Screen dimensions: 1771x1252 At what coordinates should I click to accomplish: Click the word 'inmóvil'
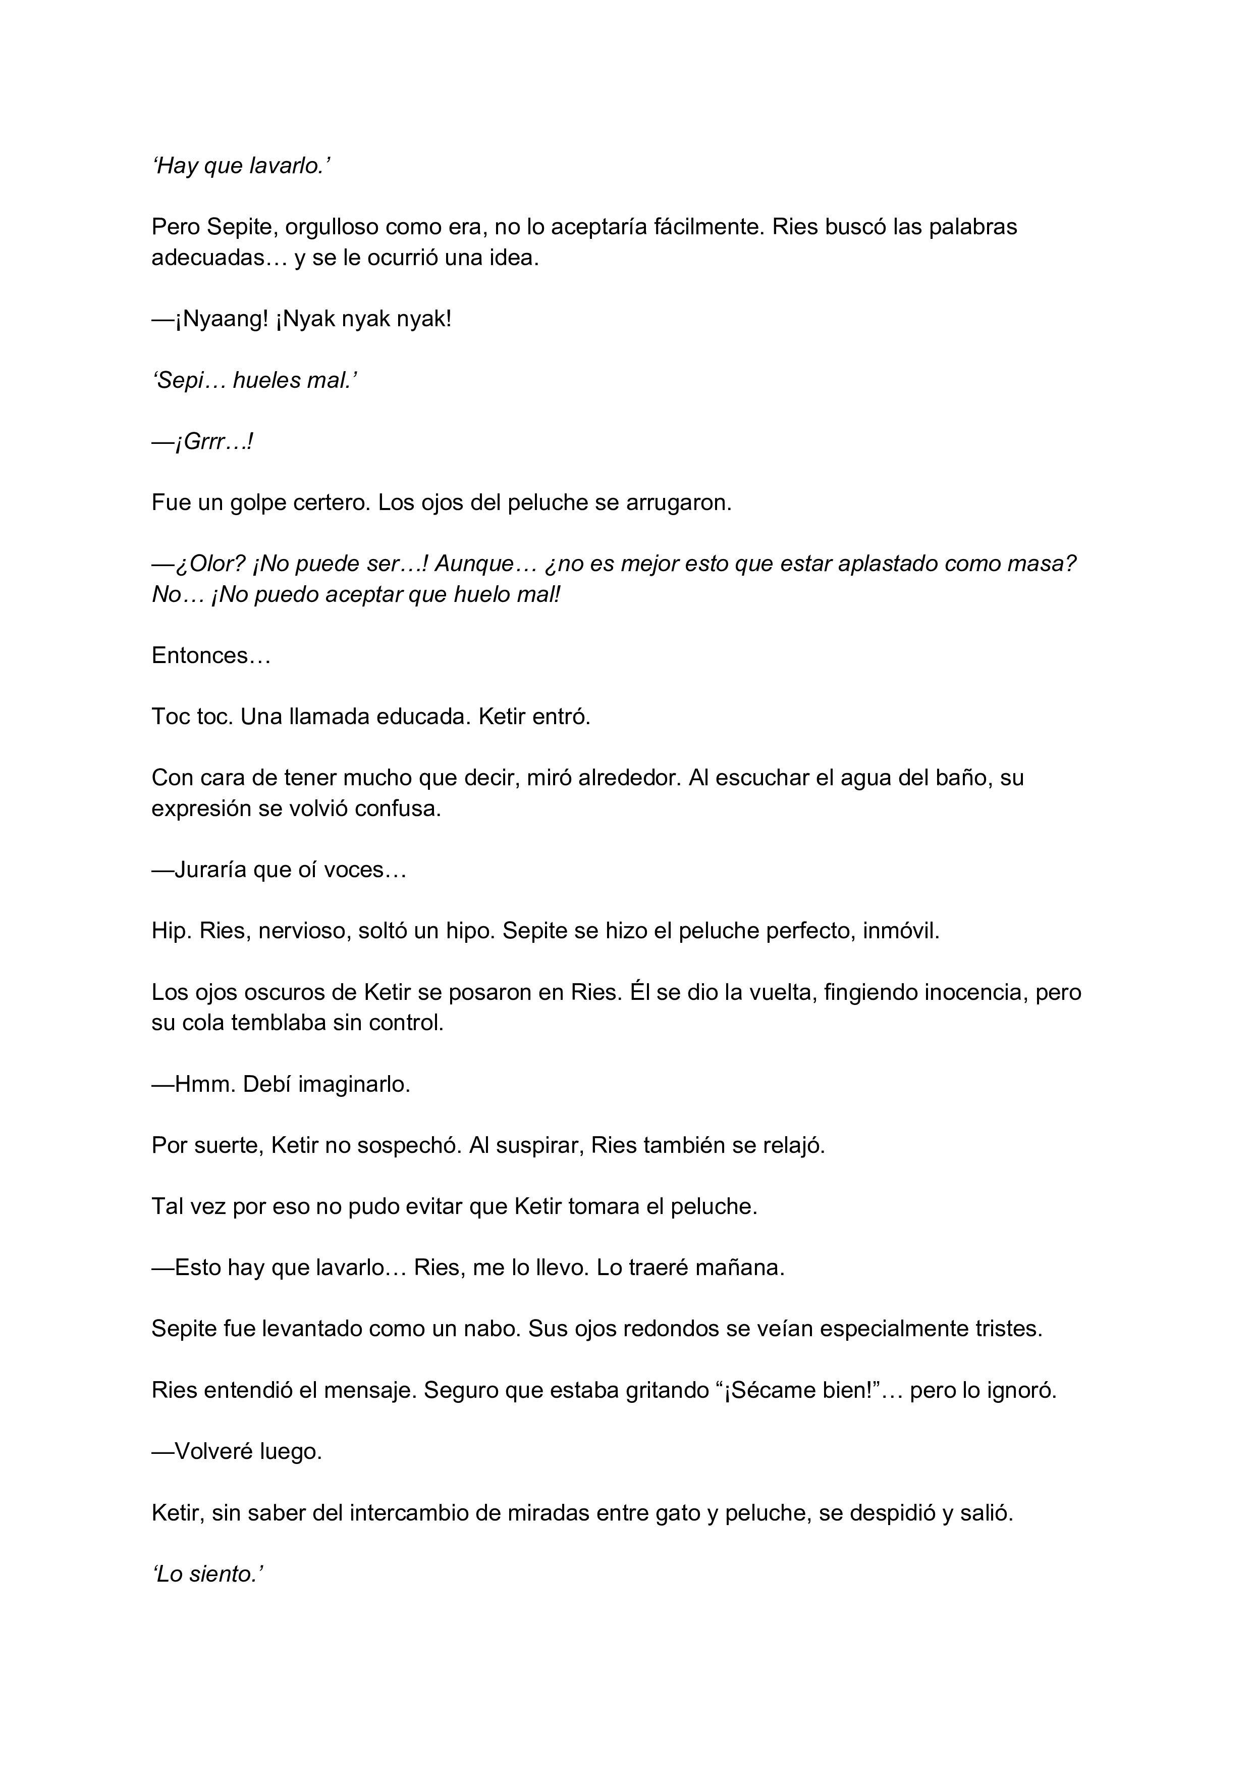point(900,931)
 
